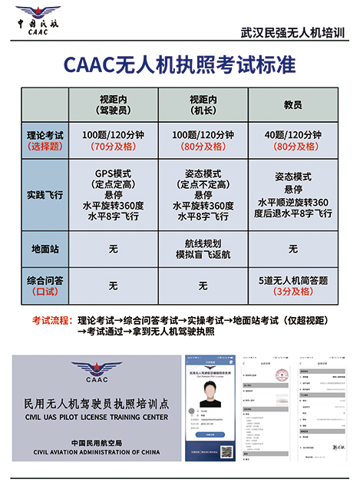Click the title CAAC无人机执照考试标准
click(180, 65)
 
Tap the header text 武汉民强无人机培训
click(292, 33)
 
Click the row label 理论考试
click(45, 134)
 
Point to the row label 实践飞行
click(45, 194)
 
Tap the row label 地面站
click(45, 249)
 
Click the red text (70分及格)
click(113, 146)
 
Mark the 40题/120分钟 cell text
click(292, 134)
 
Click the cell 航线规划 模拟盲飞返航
click(203, 249)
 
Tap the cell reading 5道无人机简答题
click(292, 280)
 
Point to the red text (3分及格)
click(292, 292)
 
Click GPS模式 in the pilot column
click(113, 173)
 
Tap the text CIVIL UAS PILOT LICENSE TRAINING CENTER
click(96, 418)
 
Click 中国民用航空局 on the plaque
click(96, 443)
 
